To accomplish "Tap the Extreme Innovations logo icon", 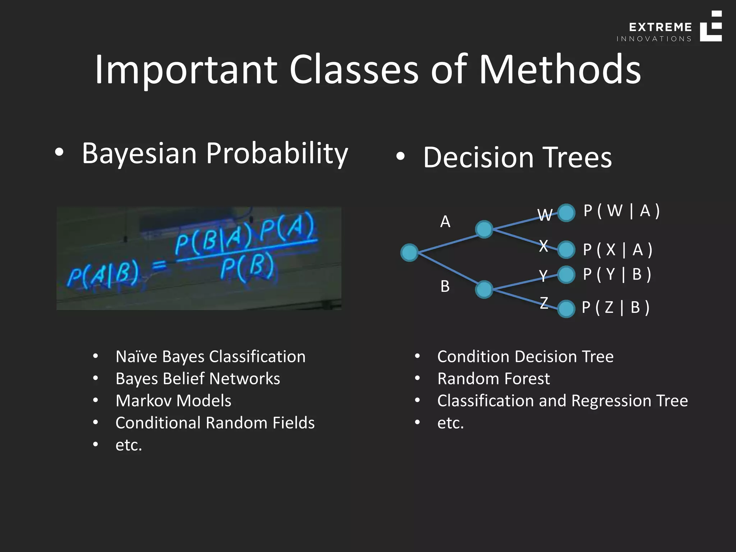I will [x=711, y=26].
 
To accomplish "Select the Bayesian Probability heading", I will [x=215, y=153].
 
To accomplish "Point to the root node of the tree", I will [x=409, y=252].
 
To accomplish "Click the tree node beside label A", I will [x=484, y=229].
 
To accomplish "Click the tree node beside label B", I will [x=484, y=290].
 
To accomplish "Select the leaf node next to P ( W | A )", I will [x=566, y=213].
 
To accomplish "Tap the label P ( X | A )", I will [x=617, y=250].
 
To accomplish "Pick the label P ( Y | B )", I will [x=617, y=275].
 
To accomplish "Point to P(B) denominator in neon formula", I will [x=247, y=268].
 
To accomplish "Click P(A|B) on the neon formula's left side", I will [x=103, y=275].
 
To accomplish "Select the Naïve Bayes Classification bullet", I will [x=210, y=357].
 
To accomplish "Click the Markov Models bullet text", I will [x=173, y=401].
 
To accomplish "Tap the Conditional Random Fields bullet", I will [x=215, y=423].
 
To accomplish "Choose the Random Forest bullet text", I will [x=493, y=379].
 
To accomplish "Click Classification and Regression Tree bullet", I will [x=562, y=401].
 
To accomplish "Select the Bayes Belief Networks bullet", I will [x=198, y=379].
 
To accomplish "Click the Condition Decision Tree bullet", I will [x=525, y=357].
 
